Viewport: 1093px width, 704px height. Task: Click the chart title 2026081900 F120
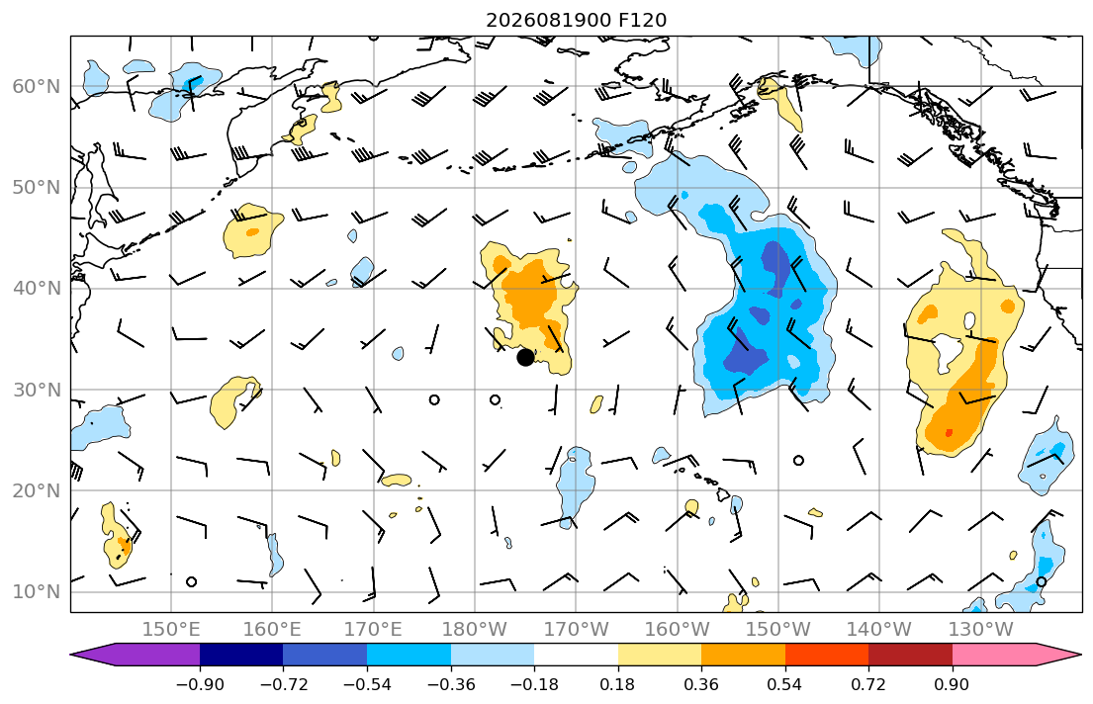(576, 20)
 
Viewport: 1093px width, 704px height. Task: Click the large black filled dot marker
(525, 358)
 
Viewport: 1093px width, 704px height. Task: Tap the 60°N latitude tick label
(37, 86)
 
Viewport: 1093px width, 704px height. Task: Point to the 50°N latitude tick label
(37, 188)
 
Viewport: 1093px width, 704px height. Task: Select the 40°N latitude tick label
(37, 289)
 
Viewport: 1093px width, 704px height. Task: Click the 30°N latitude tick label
(37, 390)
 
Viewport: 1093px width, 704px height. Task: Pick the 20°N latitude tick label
(37, 490)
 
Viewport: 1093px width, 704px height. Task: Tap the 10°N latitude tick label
(37, 592)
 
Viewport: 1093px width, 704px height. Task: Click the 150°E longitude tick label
(171, 630)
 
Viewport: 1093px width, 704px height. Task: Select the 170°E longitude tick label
(374, 630)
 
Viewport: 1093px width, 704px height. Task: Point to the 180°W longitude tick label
(476, 630)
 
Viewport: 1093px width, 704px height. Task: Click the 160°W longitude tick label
(678, 630)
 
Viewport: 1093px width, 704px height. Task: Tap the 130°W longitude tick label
(981, 630)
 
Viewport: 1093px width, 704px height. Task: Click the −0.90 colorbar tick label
(200, 685)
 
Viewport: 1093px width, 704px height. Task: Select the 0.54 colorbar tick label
(785, 685)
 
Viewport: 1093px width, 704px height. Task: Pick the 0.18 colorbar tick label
(617, 685)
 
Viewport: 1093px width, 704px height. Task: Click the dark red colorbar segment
(910, 655)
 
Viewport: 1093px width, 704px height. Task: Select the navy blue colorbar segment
(241, 655)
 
